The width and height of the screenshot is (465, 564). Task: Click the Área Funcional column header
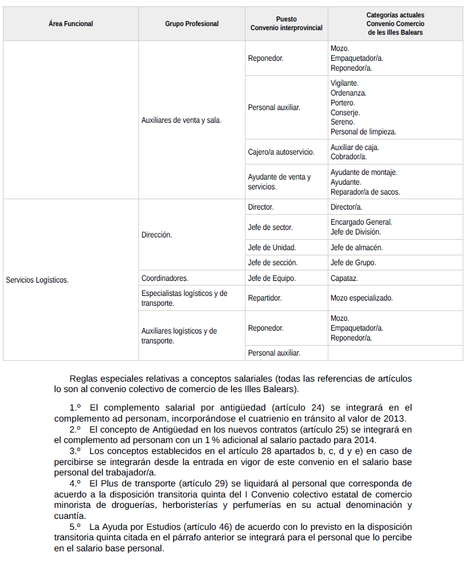pyautogui.click(x=71, y=24)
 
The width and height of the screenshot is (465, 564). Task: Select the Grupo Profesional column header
pyautogui.click(x=192, y=24)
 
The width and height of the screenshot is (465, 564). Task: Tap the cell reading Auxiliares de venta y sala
pyautogui.click(x=181, y=120)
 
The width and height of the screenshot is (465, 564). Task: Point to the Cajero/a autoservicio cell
pyautogui.click(x=281, y=152)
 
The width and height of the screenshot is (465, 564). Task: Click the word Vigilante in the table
pyautogui.click(x=344, y=83)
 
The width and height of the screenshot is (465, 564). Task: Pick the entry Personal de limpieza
pyautogui.click(x=363, y=132)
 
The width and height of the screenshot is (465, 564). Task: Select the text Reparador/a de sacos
pyautogui.click(x=365, y=192)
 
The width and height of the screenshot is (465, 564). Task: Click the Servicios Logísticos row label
pyautogui.click(x=37, y=280)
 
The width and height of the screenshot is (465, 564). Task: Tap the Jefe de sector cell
pyautogui.click(x=270, y=227)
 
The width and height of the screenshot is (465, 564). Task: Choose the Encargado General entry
pyautogui.click(x=361, y=222)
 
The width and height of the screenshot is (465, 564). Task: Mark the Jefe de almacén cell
pyautogui.click(x=356, y=247)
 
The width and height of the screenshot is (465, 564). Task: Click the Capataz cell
pyautogui.click(x=344, y=278)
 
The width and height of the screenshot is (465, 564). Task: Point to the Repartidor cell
pyautogui.click(x=265, y=298)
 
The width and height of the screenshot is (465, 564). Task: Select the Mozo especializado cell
pyautogui.click(x=361, y=298)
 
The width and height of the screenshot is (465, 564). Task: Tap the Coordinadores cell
pyautogui.click(x=164, y=278)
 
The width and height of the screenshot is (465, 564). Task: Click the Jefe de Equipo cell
pyautogui.click(x=272, y=278)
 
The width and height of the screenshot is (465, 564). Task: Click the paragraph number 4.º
pyautogui.click(x=75, y=483)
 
